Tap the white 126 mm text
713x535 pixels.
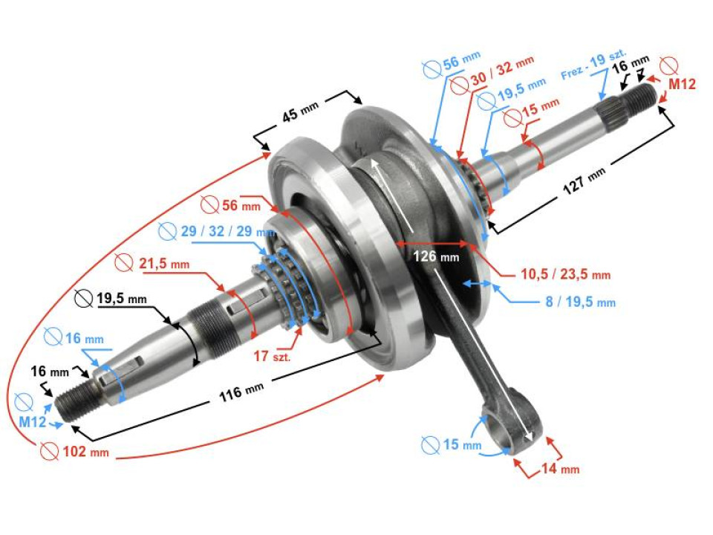pos(437,257)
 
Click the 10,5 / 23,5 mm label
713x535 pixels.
pos(564,274)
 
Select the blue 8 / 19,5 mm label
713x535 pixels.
pos(582,302)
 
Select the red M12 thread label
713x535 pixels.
pos(681,84)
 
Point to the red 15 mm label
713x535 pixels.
pos(540,108)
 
